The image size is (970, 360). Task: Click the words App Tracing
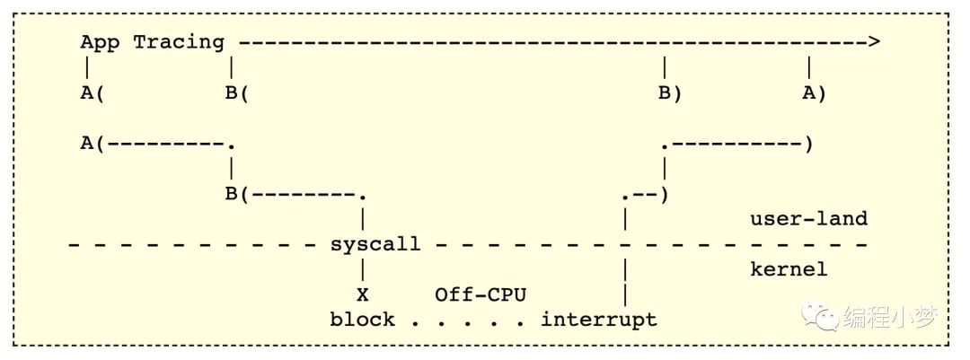coord(152,43)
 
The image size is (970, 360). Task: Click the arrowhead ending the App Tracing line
coord(873,42)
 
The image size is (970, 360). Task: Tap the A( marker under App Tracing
coord(93,94)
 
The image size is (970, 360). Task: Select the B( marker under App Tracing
coord(237,94)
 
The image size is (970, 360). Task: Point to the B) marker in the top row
coord(670,94)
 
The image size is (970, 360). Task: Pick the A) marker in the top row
coord(814,94)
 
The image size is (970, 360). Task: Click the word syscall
coord(375,243)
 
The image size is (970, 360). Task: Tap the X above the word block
coord(363,295)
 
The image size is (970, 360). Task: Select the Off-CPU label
coord(481,294)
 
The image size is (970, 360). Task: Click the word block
coord(363,320)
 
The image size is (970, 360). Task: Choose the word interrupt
coord(599,320)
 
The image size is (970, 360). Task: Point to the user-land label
coord(808,218)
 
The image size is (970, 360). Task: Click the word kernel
coord(789,269)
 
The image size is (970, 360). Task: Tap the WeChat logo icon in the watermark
coord(820,317)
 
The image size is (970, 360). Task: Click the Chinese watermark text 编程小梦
coord(890,318)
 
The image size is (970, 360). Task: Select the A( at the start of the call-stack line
coord(93,145)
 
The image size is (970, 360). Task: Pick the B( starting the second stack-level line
coord(237,195)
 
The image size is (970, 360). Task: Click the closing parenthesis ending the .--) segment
coord(665,195)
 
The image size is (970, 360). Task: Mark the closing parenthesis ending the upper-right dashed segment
coord(808,145)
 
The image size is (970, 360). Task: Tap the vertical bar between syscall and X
coord(363,269)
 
